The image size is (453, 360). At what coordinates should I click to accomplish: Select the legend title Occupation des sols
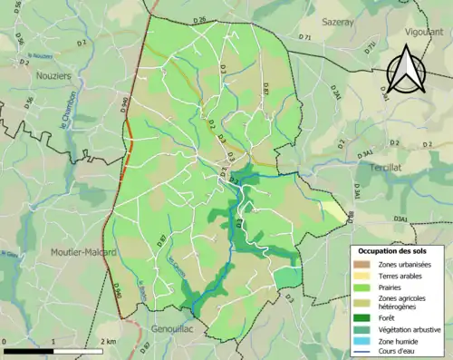(392, 250)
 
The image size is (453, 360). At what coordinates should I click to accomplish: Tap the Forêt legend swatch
(362, 316)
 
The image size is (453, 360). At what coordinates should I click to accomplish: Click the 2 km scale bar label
(108, 341)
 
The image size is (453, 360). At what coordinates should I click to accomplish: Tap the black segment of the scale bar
(29, 351)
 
